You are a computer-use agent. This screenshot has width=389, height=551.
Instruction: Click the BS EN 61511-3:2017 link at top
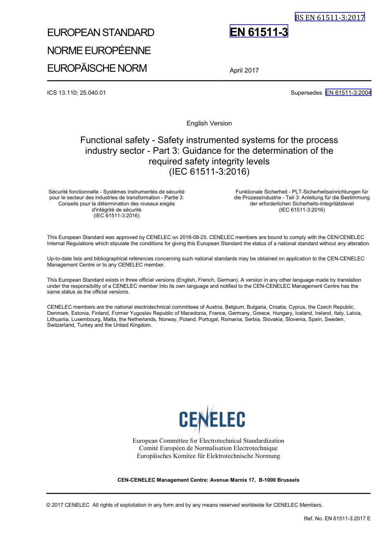pyautogui.click(x=329, y=17)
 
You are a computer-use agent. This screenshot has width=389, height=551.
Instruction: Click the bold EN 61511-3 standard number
pyautogui.click(x=259, y=32)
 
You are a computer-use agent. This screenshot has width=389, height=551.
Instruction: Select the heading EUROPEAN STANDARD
pyautogui.click(x=101, y=33)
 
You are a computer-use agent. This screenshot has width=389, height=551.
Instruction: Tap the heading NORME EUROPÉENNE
pyautogui.click(x=99, y=50)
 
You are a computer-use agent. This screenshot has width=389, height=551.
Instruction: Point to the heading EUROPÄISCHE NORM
pyautogui.click(x=97, y=68)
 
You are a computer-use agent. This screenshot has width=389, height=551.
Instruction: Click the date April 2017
pyautogui.click(x=244, y=71)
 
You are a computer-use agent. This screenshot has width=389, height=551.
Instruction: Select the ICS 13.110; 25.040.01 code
pyautogui.click(x=77, y=93)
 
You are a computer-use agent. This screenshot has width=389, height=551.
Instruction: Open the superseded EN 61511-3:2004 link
pyautogui.click(x=348, y=93)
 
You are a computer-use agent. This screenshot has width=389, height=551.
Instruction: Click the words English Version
pyautogui.click(x=209, y=123)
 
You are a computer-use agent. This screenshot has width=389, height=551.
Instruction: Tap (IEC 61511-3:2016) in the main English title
pyautogui.click(x=209, y=172)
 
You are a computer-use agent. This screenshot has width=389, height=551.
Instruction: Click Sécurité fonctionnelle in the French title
pyautogui.click(x=74, y=191)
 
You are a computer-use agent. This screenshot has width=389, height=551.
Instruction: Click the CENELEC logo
pyautogui.click(x=212, y=419)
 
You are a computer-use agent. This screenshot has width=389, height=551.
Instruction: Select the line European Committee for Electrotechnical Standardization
pyautogui.click(x=208, y=441)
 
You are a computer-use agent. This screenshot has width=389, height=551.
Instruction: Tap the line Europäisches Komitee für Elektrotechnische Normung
pyautogui.click(x=208, y=456)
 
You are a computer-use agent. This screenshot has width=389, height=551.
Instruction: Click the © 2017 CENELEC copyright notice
pyautogui.click(x=68, y=505)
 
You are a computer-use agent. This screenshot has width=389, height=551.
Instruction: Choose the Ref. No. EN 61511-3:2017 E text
pyautogui.click(x=337, y=519)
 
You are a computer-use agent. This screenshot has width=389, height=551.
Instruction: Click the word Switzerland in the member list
pyautogui.click(x=61, y=326)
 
